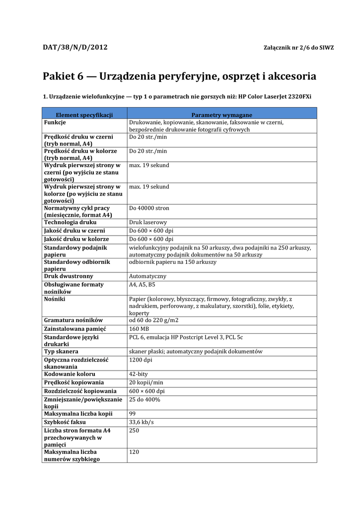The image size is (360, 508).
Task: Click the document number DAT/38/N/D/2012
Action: [x=75, y=48]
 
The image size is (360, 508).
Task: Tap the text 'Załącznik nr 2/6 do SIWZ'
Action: [x=298, y=48]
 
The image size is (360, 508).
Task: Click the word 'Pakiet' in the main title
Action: [x=59, y=77]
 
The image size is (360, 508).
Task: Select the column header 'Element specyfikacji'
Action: [x=84, y=115]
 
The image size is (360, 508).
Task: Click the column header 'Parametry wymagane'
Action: [x=221, y=115]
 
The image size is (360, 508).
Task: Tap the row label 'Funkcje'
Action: [x=55, y=122]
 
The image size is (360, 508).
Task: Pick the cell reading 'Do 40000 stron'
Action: [x=149, y=208]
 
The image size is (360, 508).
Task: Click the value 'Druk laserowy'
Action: [x=148, y=223]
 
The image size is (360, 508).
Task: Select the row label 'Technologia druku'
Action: [x=70, y=223]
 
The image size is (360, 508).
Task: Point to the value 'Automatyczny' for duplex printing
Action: [x=147, y=276]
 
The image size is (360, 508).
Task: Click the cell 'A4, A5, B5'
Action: [x=142, y=285]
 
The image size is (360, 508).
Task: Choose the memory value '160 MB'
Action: [x=139, y=329]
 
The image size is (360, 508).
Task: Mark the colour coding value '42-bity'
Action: [x=139, y=374]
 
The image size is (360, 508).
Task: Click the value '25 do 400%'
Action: [x=144, y=399]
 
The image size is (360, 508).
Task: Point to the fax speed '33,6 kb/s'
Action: [x=142, y=422]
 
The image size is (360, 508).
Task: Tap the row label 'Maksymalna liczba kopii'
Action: [x=78, y=414]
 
